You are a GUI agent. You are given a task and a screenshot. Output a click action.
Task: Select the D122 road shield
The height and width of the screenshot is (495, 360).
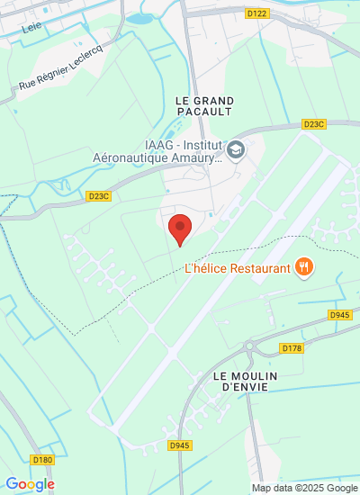coord(256,13)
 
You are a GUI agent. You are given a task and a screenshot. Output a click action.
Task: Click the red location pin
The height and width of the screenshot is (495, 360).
coord(181,229)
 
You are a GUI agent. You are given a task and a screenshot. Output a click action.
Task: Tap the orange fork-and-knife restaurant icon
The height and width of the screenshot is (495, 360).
coord(306,266)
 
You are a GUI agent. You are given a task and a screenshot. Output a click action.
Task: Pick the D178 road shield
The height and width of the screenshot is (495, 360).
coord(291,347)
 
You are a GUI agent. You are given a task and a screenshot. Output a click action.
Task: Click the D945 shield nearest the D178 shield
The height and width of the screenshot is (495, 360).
coord(339,314)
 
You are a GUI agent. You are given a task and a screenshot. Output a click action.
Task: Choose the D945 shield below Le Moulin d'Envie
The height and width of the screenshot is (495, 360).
coord(179,445)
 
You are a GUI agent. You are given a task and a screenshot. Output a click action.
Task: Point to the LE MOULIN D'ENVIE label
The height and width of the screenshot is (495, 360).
coord(246,381)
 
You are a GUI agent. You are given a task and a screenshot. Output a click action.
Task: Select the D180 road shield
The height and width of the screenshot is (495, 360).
coord(41,460)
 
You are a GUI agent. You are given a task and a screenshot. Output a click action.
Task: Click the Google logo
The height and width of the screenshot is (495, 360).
coord(30,484)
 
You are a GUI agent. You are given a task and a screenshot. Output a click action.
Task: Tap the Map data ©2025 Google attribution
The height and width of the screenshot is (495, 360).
coord(304,488)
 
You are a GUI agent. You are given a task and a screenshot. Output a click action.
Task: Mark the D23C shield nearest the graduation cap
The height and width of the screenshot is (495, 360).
coord(313,124)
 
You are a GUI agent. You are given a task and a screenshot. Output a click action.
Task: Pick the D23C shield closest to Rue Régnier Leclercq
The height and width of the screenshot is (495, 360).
coord(98,195)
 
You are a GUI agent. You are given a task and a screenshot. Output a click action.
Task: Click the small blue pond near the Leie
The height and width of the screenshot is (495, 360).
coord(139,17)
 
